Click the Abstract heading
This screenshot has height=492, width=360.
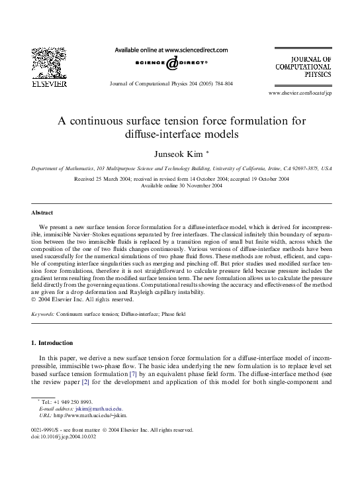(42, 213)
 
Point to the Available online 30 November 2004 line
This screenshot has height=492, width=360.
(180, 185)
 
